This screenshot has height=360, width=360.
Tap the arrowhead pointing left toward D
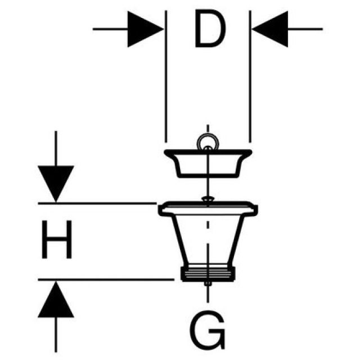point(269,28)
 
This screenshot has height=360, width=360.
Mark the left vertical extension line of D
point(165,84)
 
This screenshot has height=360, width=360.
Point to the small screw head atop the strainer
point(208,199)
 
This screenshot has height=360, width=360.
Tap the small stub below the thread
point(208,284)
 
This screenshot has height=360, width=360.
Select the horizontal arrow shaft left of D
point(110,28)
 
